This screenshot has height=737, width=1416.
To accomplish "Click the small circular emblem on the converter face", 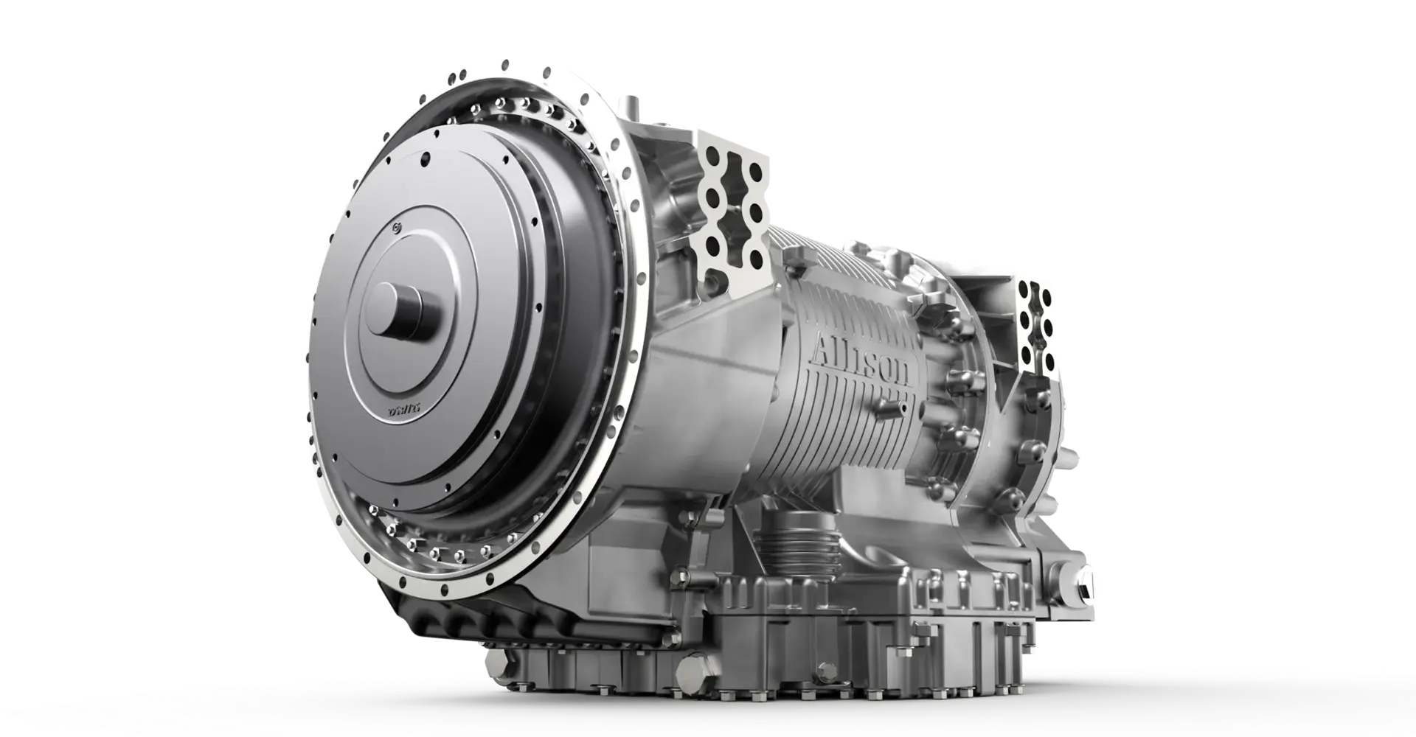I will click(399, 230).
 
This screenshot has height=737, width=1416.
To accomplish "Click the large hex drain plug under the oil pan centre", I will click(691, 673).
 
